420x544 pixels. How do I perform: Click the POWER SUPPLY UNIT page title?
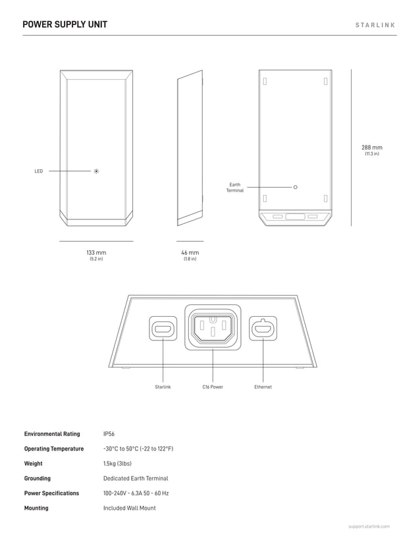[65, 25]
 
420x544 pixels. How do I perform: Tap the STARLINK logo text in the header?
[375, 25]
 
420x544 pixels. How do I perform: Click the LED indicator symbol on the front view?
[96, 171]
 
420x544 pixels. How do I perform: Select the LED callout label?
[39, 171]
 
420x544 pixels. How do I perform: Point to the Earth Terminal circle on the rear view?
[296, 187]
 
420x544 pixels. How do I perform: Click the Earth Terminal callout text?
[235, 188]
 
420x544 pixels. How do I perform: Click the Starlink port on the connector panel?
[163, 328]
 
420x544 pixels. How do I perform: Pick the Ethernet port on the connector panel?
[263, 328]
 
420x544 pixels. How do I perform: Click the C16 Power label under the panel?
[213, 387]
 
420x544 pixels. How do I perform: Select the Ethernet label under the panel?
[263, 387]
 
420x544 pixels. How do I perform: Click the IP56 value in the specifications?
[109, 434]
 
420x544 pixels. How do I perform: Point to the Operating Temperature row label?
[54, 449]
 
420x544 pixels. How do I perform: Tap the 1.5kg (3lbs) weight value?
[117, 464]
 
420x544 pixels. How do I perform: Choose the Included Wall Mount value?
[130, 508]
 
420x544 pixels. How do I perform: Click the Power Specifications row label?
[51, 493]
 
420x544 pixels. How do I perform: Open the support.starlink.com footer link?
[369, 527]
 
